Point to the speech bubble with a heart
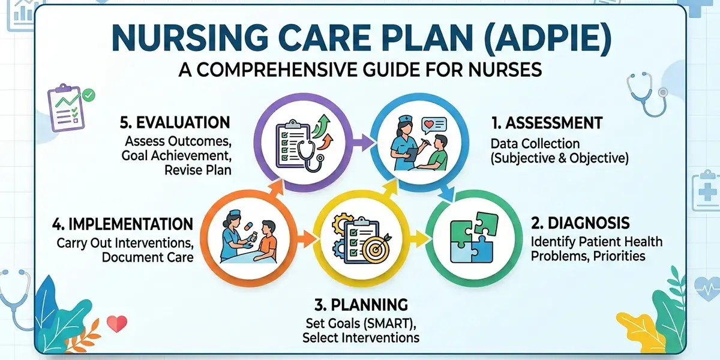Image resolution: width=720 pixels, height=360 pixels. click(434, 125)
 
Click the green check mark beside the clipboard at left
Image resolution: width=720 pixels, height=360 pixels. click(89, 94)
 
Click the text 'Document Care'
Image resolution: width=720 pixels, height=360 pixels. click(148, 257)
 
